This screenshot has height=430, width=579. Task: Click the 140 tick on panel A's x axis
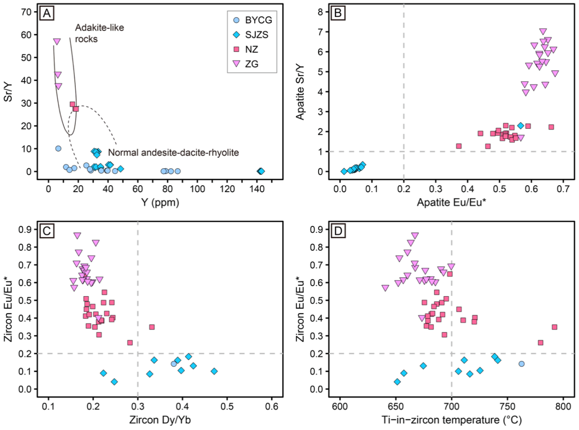pos(257,187)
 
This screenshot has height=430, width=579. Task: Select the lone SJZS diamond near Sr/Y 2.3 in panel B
pos(521,126)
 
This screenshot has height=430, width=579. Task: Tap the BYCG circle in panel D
pos(521,364)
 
